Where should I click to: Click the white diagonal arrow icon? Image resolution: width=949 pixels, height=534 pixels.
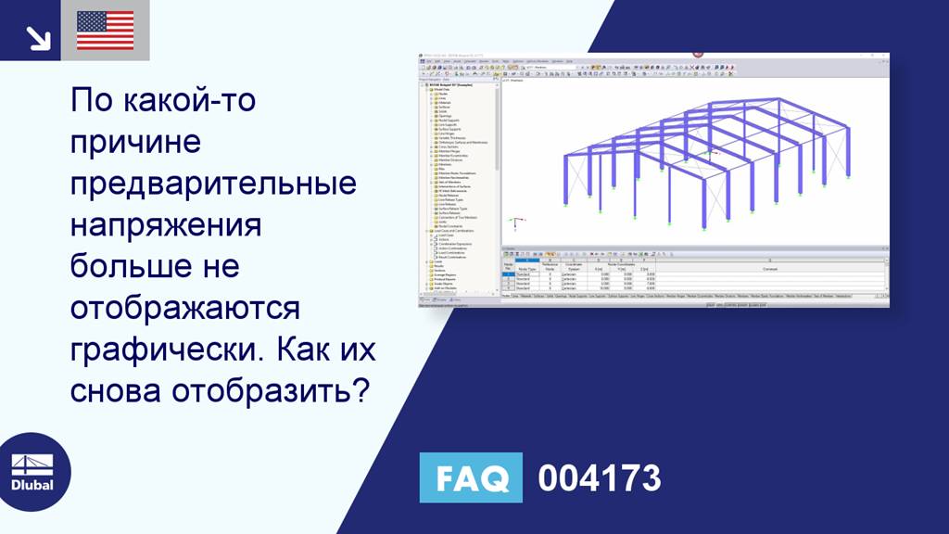pos(37,36)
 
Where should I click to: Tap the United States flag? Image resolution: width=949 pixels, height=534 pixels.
pos(106,30)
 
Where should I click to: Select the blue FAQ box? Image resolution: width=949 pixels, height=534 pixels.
pos(471,478)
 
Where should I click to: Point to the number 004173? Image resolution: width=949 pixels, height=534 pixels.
pos(600,478)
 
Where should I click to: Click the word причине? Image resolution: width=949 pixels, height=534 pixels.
pos(135,142)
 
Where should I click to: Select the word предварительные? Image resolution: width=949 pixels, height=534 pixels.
pos(213,184)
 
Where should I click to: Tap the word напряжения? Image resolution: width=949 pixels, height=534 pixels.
pos(166,225)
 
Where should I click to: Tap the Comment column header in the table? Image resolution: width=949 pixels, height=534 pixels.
pos(769,269)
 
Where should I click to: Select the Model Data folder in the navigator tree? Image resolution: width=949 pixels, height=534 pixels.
pos(437,90)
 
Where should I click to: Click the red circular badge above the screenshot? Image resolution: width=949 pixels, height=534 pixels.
pos(697,53)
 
